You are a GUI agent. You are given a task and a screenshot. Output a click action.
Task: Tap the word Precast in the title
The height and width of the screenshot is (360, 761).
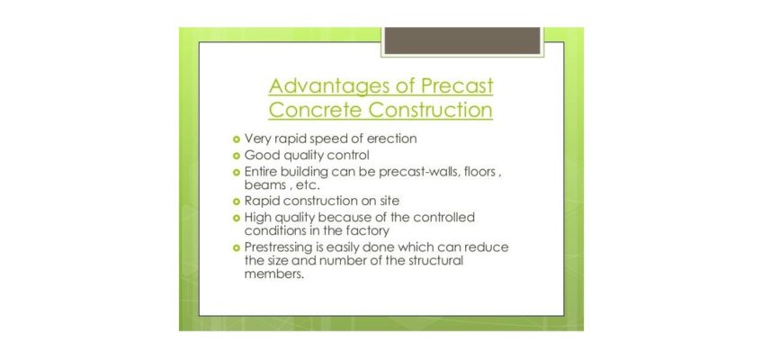[x=458, y=85]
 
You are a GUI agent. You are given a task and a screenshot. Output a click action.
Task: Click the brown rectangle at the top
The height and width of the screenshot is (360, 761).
[x=462, y=40]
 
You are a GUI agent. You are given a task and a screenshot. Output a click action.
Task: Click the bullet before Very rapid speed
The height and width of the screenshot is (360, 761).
[x=237, y=139]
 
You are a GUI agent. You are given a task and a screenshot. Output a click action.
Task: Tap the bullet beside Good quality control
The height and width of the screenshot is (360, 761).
[x=237, y=156]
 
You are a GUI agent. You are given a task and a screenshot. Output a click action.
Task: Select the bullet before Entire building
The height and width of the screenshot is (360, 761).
[x=237, y=173]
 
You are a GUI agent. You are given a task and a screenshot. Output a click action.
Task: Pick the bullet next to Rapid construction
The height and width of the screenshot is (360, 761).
[x=237, y=201]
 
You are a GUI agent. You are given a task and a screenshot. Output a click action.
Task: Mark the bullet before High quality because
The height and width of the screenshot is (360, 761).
[x=237, y=218]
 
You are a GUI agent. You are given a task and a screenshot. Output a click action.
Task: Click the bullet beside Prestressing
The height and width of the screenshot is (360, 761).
[x=237, y=247]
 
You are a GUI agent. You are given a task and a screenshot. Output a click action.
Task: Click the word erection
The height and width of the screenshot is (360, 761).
[x=391, y=139]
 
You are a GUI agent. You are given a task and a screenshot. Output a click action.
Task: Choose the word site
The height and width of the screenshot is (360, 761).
[x=389, y=201]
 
